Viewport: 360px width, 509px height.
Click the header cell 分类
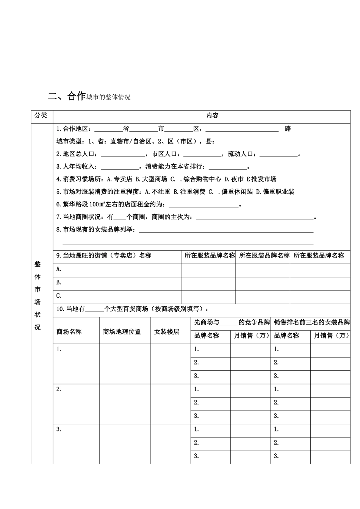[x=41, y=116]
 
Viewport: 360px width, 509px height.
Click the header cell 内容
[x=212, y=116]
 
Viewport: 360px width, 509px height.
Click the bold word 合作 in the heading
[x=76, y=96]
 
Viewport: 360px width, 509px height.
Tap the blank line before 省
[x=108, y=130]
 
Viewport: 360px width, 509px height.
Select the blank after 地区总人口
[x=123, y=155]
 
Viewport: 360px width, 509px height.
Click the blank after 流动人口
[x=279, y=155]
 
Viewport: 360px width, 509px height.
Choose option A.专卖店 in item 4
[x=120, y=179]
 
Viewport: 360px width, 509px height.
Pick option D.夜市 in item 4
[x=234, y=179]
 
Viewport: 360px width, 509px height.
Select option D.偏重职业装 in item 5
[x=275, y=192]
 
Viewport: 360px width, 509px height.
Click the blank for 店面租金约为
[x=203, y=205]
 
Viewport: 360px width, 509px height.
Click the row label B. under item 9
[x=59, y=283]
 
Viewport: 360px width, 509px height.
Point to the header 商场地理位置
[x=122, y=332]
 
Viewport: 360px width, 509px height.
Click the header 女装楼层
[x=167, y=332]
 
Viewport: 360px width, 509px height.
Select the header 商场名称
[x=69, y=332]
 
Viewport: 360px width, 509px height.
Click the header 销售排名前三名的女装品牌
[x=311, y=323]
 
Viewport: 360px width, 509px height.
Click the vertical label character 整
[x=38, y=264]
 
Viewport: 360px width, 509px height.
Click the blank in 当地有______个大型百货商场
[x=94, y=309]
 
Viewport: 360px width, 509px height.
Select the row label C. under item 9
[x=59, y=296]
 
